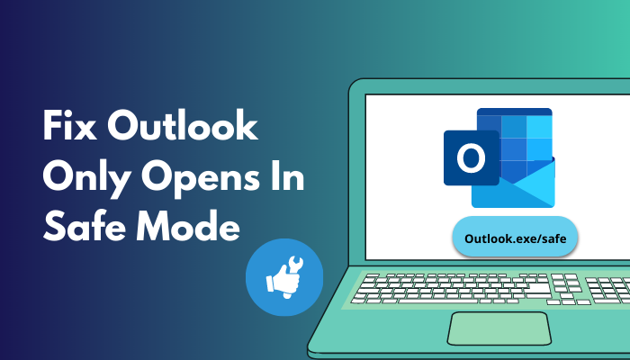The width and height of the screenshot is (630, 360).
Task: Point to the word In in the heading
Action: (x=290, y=178)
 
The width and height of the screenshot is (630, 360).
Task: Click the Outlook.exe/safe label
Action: (x=514, y=238)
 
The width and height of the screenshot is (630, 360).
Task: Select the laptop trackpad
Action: (x=496, y=328)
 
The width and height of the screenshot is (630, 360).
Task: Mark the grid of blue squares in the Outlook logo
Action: (x=514, y=139)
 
